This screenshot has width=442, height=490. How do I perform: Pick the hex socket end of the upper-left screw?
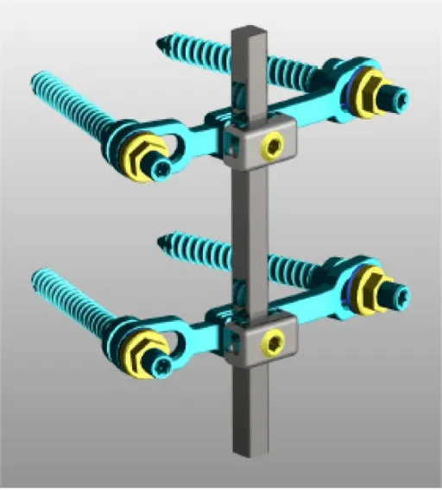point(161,169)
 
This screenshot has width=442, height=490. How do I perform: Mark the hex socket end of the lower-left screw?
point(161,367)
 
